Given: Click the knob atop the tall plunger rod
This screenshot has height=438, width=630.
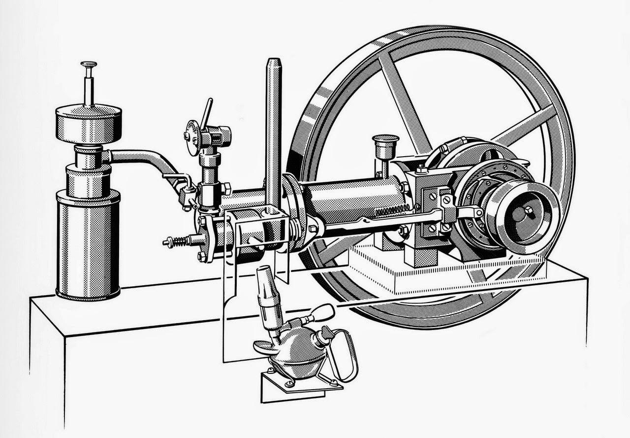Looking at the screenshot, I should coord(89,65).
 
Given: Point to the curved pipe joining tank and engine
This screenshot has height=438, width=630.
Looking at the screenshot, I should coord(143,160).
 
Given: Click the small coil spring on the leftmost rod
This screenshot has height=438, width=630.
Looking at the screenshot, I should coord(180,241).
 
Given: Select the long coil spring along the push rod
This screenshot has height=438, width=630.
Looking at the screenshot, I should coord(392,211).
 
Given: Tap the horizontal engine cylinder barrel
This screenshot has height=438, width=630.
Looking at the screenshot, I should coord(354,197).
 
